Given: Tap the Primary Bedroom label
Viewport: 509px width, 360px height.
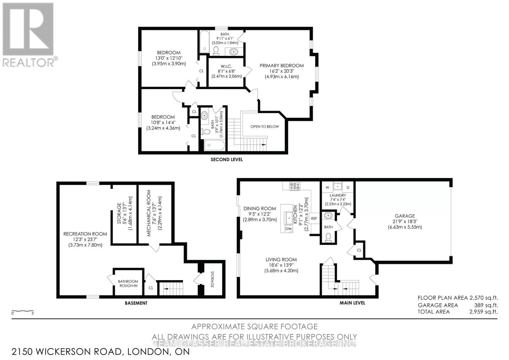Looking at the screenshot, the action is click(x=282, y=66).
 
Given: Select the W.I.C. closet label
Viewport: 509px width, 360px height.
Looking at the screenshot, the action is click(x=226, y=67).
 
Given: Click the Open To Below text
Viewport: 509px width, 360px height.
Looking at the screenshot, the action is click(x=264, y=127).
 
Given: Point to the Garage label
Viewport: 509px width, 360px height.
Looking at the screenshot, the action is click(x=405, y=216).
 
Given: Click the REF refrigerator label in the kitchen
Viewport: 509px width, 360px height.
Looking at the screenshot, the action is click(x=314, y=219).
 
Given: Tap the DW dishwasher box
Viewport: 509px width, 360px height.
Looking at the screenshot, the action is click(x=288, y=229).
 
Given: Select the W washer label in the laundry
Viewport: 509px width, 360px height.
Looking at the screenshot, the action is click(x=327, y=187).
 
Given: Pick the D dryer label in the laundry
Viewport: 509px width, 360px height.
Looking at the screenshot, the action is click(x=348, y=187).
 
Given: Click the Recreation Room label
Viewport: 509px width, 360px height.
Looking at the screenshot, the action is click(x=85, y=234).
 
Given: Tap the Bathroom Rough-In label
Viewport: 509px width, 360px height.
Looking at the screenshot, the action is click(x=128, y=284).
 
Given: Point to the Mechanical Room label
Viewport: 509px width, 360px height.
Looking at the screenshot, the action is click(x=149, y=213).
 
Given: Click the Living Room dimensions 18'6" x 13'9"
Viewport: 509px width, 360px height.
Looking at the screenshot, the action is click(x=281, y=265).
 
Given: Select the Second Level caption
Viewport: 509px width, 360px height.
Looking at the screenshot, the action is click(x=227, y=160).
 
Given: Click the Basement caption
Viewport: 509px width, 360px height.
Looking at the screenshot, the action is click(x=136, y=303).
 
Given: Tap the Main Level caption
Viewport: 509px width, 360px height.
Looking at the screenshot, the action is click(x=352, y=303).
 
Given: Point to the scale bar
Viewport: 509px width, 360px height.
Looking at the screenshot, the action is click(x=23, y=311).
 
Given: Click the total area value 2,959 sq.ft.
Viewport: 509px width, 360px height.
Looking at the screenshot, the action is click(x=484, y=312).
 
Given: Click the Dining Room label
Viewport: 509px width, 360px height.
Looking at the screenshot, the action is click(x=260, y=208).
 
